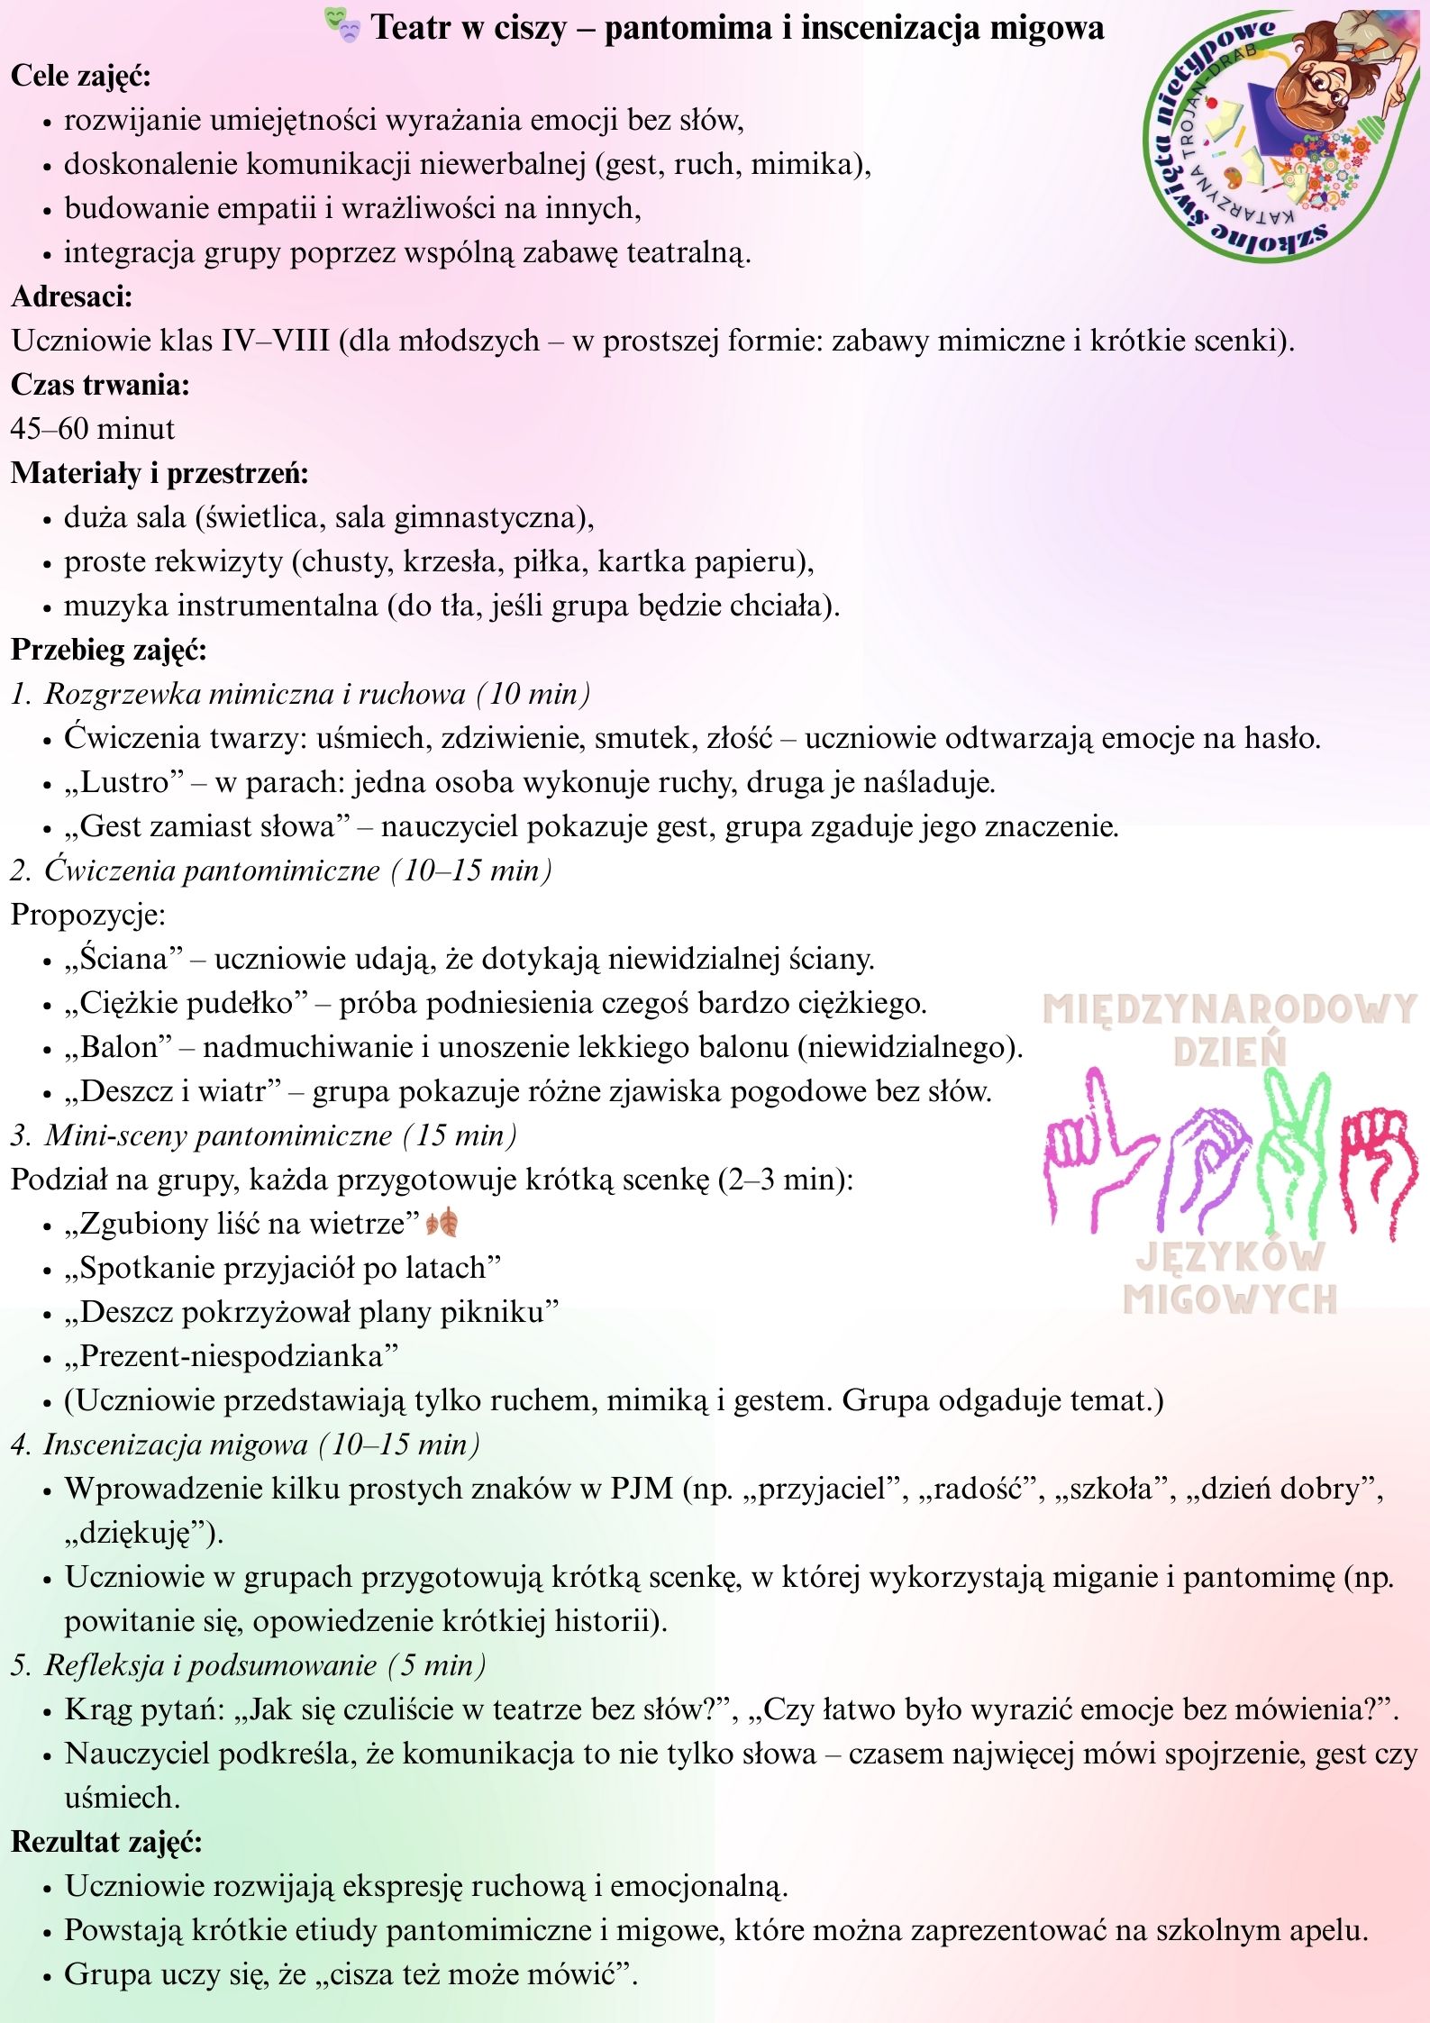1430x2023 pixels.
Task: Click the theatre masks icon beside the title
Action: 343,28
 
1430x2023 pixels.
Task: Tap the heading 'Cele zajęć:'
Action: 81,76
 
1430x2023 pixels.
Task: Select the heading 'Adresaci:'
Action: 72,296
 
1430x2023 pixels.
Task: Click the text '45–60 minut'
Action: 93,429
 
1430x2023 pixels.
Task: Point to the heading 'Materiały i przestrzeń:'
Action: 159,473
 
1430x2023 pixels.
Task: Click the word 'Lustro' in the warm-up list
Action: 124,782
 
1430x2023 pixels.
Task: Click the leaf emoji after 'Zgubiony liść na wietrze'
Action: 442,1224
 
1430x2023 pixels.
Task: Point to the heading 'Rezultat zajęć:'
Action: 106,1842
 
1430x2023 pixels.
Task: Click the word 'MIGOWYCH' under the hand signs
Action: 1230,1299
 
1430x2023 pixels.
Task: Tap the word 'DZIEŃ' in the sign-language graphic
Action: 1230,1051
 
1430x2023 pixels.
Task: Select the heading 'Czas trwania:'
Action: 100,385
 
